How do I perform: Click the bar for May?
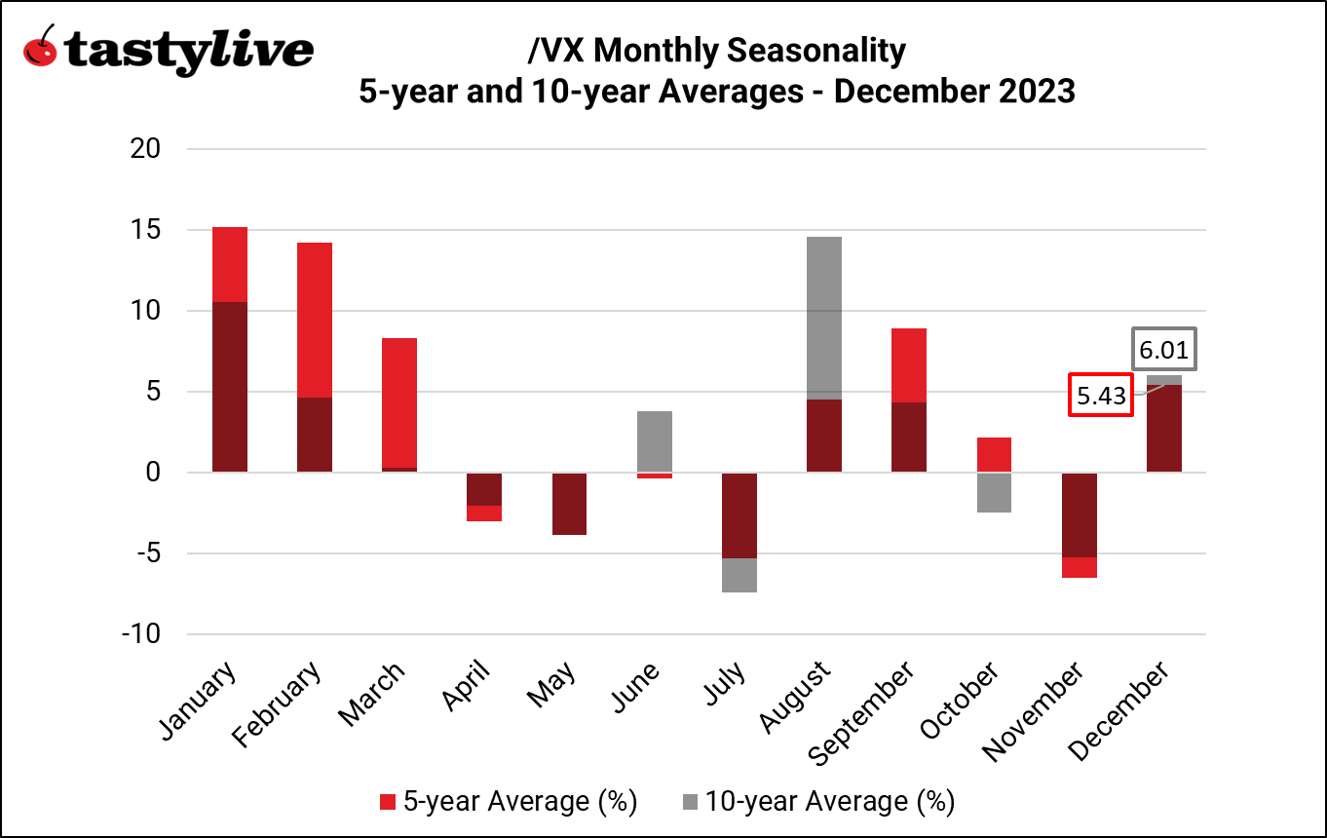(570, 504)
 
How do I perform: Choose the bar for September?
(909, 400)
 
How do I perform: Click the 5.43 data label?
(1100, 396)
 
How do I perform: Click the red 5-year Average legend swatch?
(388, 802)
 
